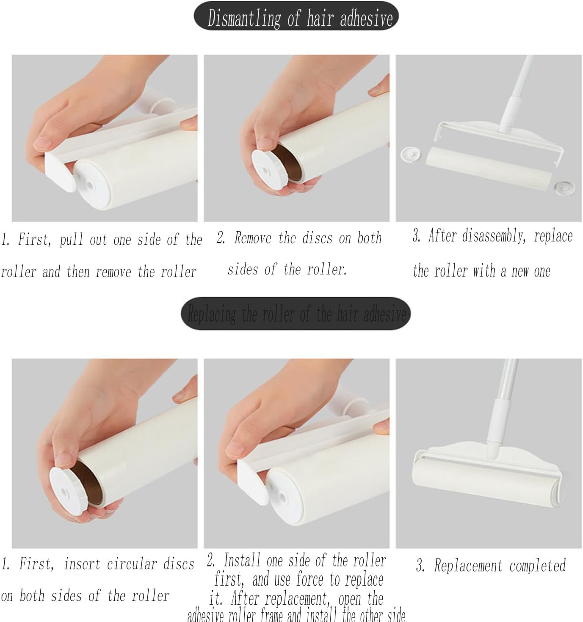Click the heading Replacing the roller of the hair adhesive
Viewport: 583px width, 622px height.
tap(296, 314)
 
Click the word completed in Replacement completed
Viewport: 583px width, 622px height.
tap(538, 566)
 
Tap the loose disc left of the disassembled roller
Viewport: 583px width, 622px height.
tap(410, 154)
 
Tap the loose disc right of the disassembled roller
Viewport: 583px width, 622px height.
tap(564, 187)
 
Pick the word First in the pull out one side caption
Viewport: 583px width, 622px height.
tap(34, 240)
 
